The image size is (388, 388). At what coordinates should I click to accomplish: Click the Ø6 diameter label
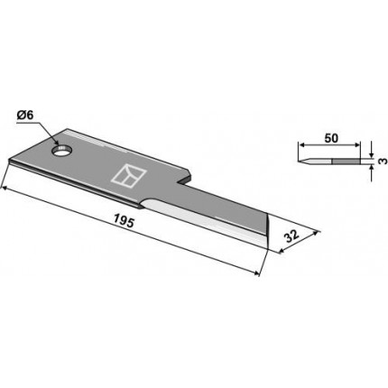[26, 115]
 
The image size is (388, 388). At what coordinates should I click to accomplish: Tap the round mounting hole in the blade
[62, 150]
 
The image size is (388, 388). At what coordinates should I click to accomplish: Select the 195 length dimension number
[124, 222]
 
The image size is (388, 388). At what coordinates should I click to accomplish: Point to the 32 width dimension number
[291, 236]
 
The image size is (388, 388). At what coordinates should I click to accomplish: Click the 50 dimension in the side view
[331, 138]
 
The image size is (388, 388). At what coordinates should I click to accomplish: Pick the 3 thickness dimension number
[382, 162]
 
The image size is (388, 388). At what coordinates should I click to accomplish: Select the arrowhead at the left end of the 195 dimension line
[5, 189]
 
